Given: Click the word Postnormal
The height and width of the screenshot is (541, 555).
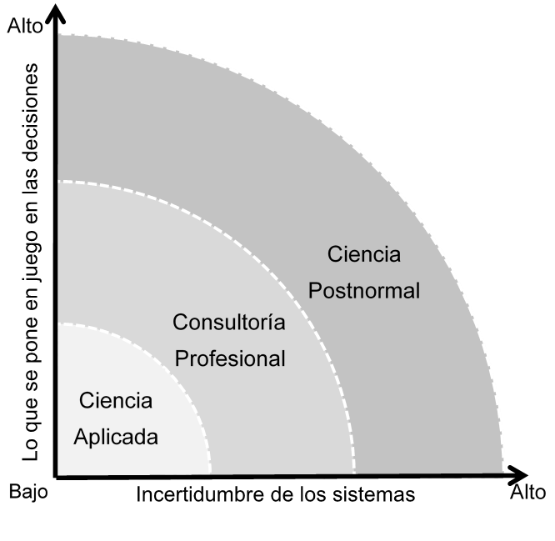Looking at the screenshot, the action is [364, 291].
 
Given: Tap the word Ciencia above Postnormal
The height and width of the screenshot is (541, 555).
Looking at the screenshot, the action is [364, 254].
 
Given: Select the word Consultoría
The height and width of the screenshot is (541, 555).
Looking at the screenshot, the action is [229, 322].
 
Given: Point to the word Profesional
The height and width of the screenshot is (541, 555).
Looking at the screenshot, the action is [230, 358].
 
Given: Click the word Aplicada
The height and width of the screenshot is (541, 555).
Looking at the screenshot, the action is [116, 438].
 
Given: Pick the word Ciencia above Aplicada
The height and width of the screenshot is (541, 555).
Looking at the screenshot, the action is [116, 400].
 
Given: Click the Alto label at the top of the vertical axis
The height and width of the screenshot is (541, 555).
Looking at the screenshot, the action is [25, 26].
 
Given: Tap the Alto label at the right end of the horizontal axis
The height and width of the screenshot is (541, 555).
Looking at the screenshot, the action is [527, 492].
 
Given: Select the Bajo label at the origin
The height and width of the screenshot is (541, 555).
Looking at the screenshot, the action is [28, 492].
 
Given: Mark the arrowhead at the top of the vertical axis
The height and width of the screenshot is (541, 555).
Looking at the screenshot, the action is [56, 14].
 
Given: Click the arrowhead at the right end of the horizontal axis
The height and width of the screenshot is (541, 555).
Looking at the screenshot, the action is [517, 475].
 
